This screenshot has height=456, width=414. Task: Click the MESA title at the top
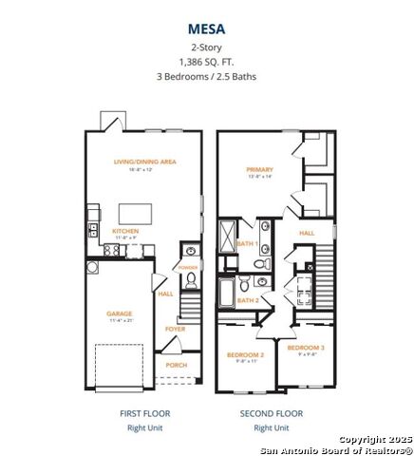click(x=206, y=28)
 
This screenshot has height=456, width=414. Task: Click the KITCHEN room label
click(x=126, y=231)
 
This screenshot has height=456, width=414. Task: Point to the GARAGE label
click(x=120, y=313)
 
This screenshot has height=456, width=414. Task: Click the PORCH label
click(x=177, y=364)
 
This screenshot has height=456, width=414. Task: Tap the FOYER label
click(x=175, y=329)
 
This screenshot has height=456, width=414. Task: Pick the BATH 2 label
click(x=248, y=301)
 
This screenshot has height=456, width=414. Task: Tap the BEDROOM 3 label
click(x=306, y=348)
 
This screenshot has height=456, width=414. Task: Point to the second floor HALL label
click(x=307, y=232)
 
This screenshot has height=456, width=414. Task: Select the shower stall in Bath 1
click(x=229, y=234)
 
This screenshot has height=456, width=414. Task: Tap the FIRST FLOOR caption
click(x=143, y=413)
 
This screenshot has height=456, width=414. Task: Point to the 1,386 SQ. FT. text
click(x=206, y=61)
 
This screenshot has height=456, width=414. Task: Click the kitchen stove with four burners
click(x=111, y=249)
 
